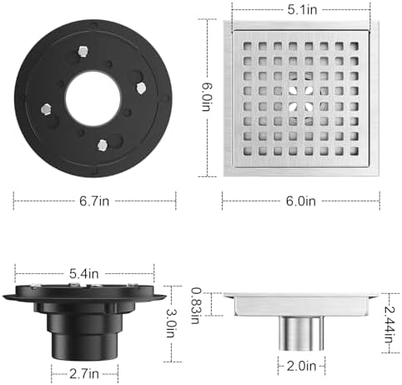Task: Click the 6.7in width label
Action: coord(94,200)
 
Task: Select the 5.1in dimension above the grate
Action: coord(301,11)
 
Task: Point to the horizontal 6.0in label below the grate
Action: coord(300,200)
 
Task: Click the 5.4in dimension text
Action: coord(85,273)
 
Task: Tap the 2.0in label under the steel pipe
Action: coord(301,366)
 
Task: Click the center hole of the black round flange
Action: coord(92,98)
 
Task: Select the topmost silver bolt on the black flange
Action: coord(83,53)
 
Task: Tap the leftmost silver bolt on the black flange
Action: coord(47,108)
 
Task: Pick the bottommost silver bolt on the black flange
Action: coord(103,144)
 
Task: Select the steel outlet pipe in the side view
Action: coord(301,334)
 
